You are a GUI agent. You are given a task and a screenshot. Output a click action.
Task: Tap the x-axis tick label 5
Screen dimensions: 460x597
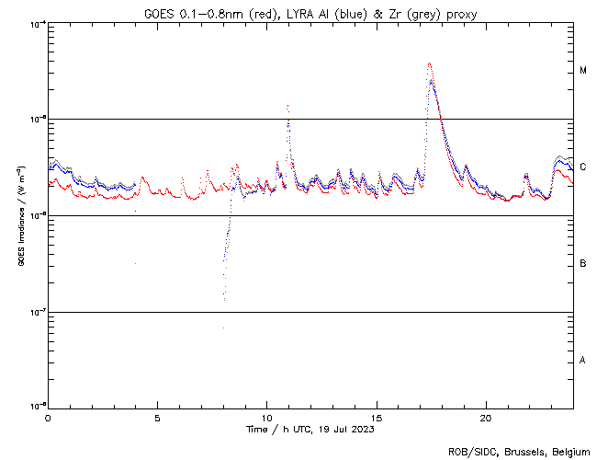tap(157, 418)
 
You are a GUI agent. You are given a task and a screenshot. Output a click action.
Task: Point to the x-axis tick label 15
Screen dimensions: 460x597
tap(377, 418)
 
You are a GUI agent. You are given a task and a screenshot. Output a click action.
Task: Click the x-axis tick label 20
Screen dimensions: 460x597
tap(486, 418)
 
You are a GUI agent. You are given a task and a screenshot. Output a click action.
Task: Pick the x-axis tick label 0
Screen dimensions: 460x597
tap(48, 418)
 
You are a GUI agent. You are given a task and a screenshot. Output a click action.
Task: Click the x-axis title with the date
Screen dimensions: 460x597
tap(310, 430)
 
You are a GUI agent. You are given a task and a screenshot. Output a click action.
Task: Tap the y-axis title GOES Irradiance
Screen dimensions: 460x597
tap(20, 215)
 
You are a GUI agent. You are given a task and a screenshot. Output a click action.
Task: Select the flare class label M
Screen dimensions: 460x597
tap(583, 71)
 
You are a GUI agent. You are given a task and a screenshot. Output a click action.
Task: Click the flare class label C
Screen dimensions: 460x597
tap(583, 167)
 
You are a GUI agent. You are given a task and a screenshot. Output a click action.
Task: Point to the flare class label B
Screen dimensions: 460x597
tap(583, 264)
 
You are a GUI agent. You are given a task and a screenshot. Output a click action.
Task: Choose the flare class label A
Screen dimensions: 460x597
tap(583, 360)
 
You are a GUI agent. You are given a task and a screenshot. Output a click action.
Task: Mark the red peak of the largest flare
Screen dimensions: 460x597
tap(429, 63)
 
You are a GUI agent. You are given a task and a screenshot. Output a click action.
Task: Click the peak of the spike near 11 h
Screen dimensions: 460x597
tap(288, 106)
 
